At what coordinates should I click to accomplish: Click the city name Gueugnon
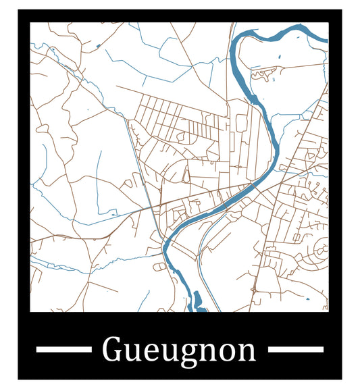pyautogui.click(x=179, y=350)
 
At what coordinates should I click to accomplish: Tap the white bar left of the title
pyautogui.click(x=63, y=349)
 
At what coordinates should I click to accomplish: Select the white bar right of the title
pyautogui.click(x=296, y=349)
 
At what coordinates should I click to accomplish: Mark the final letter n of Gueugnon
pyautogui.click(x=247, y=352)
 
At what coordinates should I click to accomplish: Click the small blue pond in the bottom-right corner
pyautogui.click(x=307, y=299)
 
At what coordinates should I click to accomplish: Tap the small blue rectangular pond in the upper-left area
pyautogui.click(x=98, y=46)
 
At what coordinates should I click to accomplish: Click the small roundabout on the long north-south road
pyautogui.click(x=238, y=166)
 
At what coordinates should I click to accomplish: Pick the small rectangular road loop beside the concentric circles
pyautogui.click(x=297, y=237)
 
